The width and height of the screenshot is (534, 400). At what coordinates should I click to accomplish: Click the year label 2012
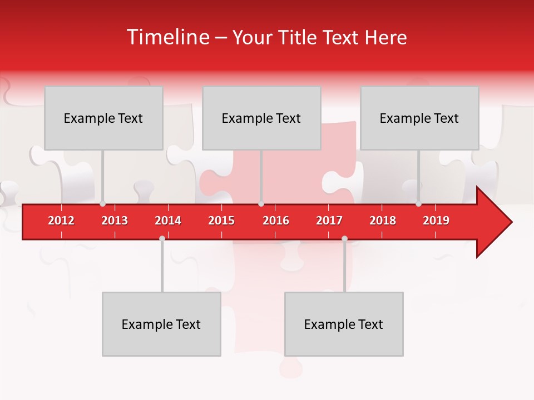coord(61,221)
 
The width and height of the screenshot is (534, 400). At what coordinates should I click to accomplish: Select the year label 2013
coord(115,221)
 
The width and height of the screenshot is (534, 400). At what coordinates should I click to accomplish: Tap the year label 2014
coord(168,221)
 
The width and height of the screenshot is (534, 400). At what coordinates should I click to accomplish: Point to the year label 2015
coord(221,221)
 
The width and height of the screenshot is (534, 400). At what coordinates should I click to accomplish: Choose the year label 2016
coord(276,221)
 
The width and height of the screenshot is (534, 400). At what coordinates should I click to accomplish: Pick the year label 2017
coord(329,221)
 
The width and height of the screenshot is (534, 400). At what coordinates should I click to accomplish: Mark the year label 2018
coord(383,221)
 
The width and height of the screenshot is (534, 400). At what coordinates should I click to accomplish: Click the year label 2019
coord(436,221)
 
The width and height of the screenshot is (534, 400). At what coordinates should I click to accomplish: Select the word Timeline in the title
coord(167,37)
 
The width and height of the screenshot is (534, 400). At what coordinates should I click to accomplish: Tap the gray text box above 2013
coord(103,118)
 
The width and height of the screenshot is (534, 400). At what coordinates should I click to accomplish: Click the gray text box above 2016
coord(261,118)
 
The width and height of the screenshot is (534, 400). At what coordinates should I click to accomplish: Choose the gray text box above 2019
coord(419,118)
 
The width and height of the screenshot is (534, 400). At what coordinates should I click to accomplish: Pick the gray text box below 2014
coord(161,324)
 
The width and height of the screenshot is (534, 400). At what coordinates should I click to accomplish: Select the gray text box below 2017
coord(344,324)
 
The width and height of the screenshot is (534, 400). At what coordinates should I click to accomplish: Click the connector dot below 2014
coord(162,238)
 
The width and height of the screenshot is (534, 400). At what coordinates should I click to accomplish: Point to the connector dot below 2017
coord(344,238)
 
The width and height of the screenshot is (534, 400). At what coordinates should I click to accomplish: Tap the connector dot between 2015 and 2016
coord(261,204)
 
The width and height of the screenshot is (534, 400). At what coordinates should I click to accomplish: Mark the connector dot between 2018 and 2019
coord(419,204)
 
